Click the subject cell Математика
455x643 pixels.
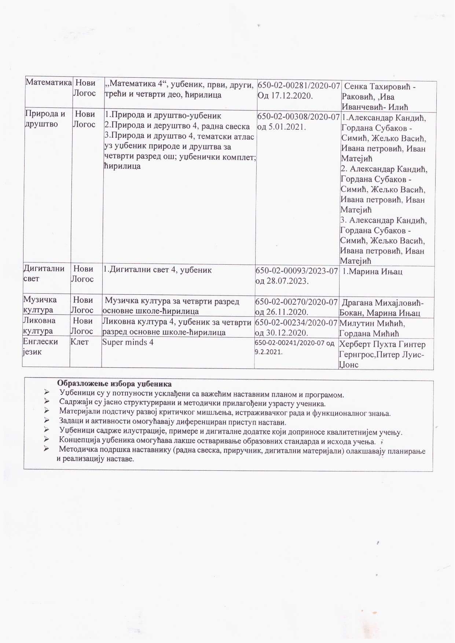pos(48,82)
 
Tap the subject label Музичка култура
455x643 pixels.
pos(40,305)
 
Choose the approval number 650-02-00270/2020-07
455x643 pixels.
pos(296,302)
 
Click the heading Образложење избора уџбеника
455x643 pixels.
pos(114,384)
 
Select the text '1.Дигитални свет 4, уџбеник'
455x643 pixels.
pos(157,270)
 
